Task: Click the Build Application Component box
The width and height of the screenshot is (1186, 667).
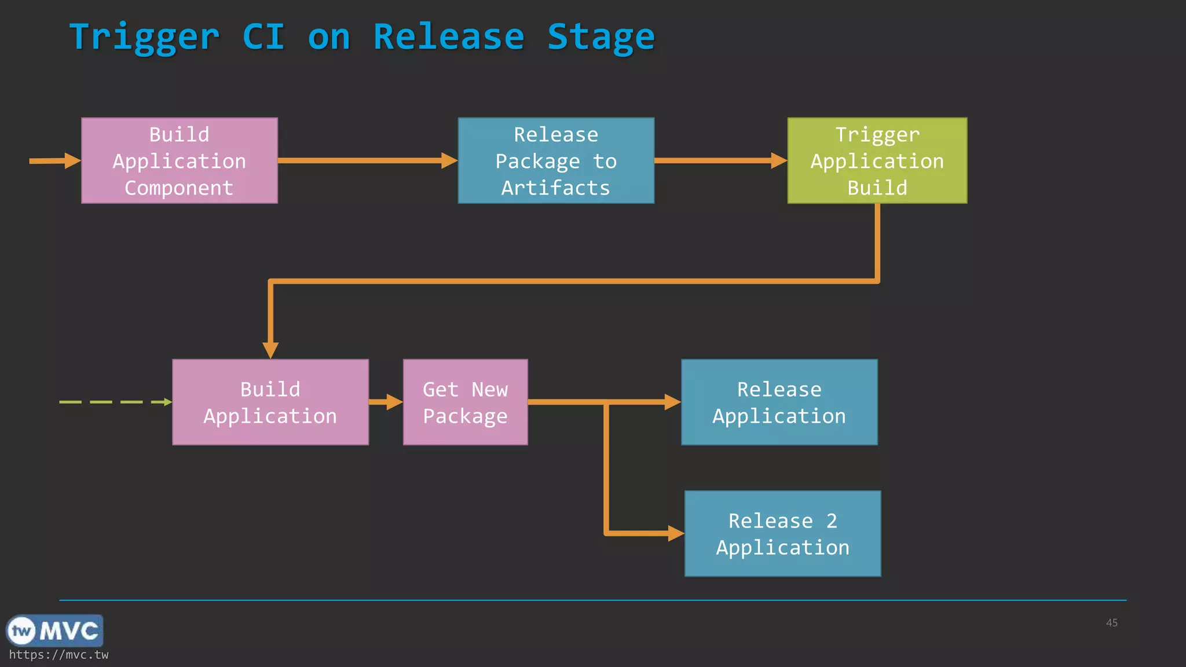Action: [180, 160]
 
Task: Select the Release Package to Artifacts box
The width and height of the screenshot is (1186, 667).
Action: [556, 160]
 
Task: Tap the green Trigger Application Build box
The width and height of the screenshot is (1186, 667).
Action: [877, 160]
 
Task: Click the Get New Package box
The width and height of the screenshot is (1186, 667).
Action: [465, 402]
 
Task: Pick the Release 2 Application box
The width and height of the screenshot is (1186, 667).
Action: [782, 533]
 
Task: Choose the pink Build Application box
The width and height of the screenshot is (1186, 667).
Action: [270, 402]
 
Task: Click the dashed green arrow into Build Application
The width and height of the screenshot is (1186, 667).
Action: [116, 402]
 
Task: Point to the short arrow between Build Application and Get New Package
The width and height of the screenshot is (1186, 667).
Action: [385, 402]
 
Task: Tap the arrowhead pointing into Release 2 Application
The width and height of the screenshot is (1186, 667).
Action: [675, 533]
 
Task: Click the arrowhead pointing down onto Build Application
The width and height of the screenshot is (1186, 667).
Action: [270, 350]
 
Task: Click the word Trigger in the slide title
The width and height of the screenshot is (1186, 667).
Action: [144, 37]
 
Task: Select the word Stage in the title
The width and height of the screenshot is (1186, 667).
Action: [601, 37]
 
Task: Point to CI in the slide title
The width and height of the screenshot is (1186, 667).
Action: [263, 37]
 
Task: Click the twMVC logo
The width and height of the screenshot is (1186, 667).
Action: [54, 631]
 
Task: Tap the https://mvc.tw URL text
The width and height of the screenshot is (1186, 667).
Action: [58, 655]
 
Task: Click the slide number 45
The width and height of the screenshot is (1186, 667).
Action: [1111, 622]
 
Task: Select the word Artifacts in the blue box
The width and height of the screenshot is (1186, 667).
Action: [555, 188]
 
